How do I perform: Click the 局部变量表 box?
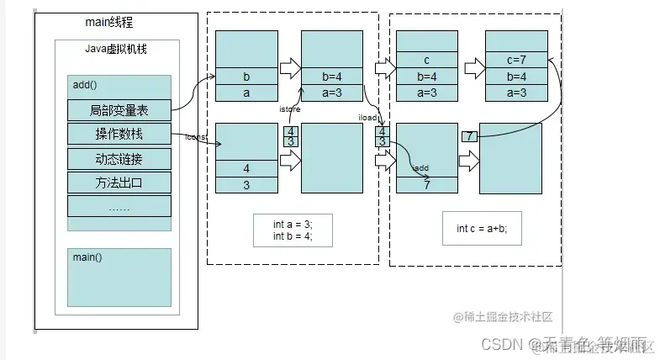tap(119, 110)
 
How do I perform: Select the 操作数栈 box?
tap(119, 135)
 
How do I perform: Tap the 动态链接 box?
tap(119, 159)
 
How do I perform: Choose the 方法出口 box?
tap(119, 183)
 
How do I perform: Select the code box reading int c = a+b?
tap(475, 228)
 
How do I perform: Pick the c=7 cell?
tap(516, 59)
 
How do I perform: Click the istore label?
tap(290, 109)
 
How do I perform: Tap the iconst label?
tap(196, 137)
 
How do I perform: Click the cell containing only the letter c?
tap(426, 59)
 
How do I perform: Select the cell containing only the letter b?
tap(246, 77)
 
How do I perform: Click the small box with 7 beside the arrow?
tap(470, 136)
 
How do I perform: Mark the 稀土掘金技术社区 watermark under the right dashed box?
tap(502, 317)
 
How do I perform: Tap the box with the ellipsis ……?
tap(119, 206)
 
